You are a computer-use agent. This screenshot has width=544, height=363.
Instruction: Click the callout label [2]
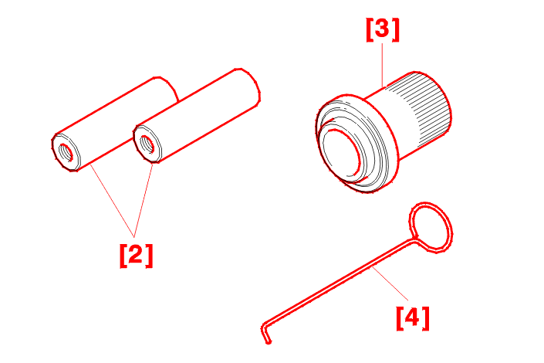click(x=136, y=256)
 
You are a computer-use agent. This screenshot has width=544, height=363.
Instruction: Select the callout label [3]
click(x=383, y=29)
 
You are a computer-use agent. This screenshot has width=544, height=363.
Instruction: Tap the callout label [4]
click(x=413, y=318)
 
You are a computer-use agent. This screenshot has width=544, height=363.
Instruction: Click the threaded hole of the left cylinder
click(x=66, y=152)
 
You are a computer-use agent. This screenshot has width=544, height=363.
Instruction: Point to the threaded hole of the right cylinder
click(x=147, y=144)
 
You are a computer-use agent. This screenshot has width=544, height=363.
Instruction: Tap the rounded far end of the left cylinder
click(x=167, y=90)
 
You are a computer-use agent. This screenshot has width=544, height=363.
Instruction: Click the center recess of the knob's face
click(x=340, y=154)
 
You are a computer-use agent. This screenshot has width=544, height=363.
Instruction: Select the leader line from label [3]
click(x=382, y=65)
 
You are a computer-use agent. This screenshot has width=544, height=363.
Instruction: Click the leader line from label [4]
click(x=390, y=283)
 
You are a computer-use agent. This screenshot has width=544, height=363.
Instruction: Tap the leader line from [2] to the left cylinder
click(x=113, y=201)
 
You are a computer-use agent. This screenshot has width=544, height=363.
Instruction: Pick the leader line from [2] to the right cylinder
click(x=144, y=200)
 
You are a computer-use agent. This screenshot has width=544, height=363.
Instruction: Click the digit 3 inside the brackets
click(x=383, y=29)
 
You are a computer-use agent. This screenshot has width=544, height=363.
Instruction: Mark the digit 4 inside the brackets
click(x=413, y=317)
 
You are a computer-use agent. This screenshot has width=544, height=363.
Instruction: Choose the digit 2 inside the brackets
click(x=136, y=254)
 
